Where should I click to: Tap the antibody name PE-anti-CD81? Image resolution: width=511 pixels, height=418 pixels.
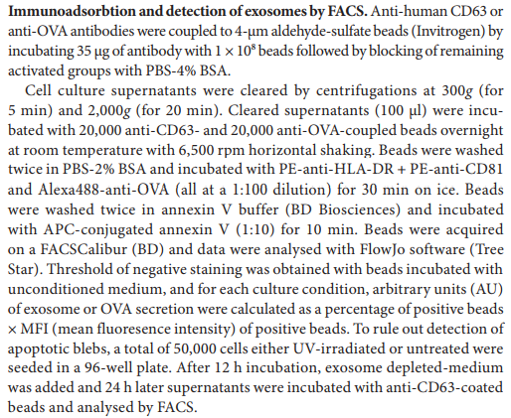pyautogui.click(x=456, y=170)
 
